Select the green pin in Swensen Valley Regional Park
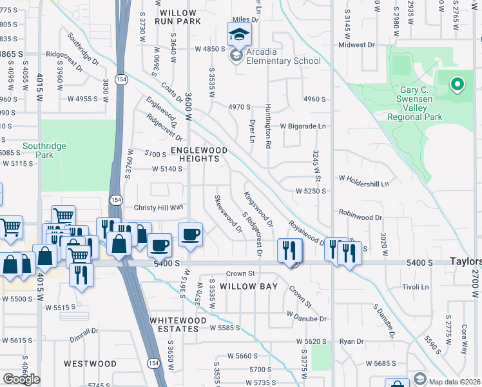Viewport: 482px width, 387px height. pyautogui.click(x=457, y=84)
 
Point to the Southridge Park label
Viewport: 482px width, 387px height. pyautogui.click(x=44, y=150)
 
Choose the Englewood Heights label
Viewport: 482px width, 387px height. pyautogui.click(x=199, y=155)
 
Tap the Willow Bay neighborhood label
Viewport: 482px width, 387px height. pyautogui.click(x=249, y=286)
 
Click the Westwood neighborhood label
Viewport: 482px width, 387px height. pyautogui.click(x=90, y=364)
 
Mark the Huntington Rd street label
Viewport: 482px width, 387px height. pyautogui.click(x=267, y=126)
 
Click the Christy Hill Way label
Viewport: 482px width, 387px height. pyautogui.click(x=159, y=208)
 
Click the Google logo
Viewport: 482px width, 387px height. pyautogui.click(x=21, y=379)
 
